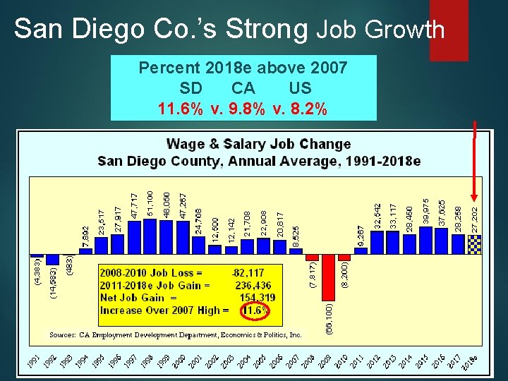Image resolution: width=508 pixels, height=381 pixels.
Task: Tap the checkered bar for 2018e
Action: click(475, 243)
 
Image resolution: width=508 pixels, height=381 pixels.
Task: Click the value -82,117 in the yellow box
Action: click(247, 272)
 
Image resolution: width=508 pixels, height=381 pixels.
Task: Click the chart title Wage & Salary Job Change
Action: click(258, 144)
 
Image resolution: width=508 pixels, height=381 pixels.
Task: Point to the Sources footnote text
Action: click(175, 334)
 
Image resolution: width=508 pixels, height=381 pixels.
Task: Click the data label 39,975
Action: click(425, 211)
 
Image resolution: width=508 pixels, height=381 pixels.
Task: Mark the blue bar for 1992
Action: click(52, 260)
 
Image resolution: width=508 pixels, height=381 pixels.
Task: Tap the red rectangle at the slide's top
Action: click(449, 28)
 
